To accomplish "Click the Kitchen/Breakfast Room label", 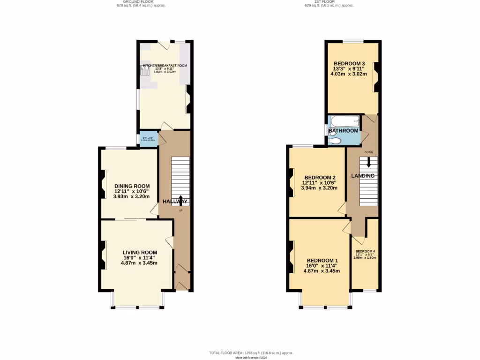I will [165, 66].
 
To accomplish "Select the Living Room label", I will [139, 252].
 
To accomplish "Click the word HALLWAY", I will [175, 202].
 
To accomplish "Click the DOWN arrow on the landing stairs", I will [369, 162].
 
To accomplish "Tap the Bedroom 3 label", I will [349, 64].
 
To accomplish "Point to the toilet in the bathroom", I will [335, 141].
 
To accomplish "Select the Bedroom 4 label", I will [365, 251].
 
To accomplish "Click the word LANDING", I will [363, 176].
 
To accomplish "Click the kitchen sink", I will [143, 71].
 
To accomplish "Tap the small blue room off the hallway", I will [148, 139].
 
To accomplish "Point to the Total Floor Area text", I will [251, 352].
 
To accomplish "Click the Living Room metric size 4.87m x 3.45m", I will [139, 263].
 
